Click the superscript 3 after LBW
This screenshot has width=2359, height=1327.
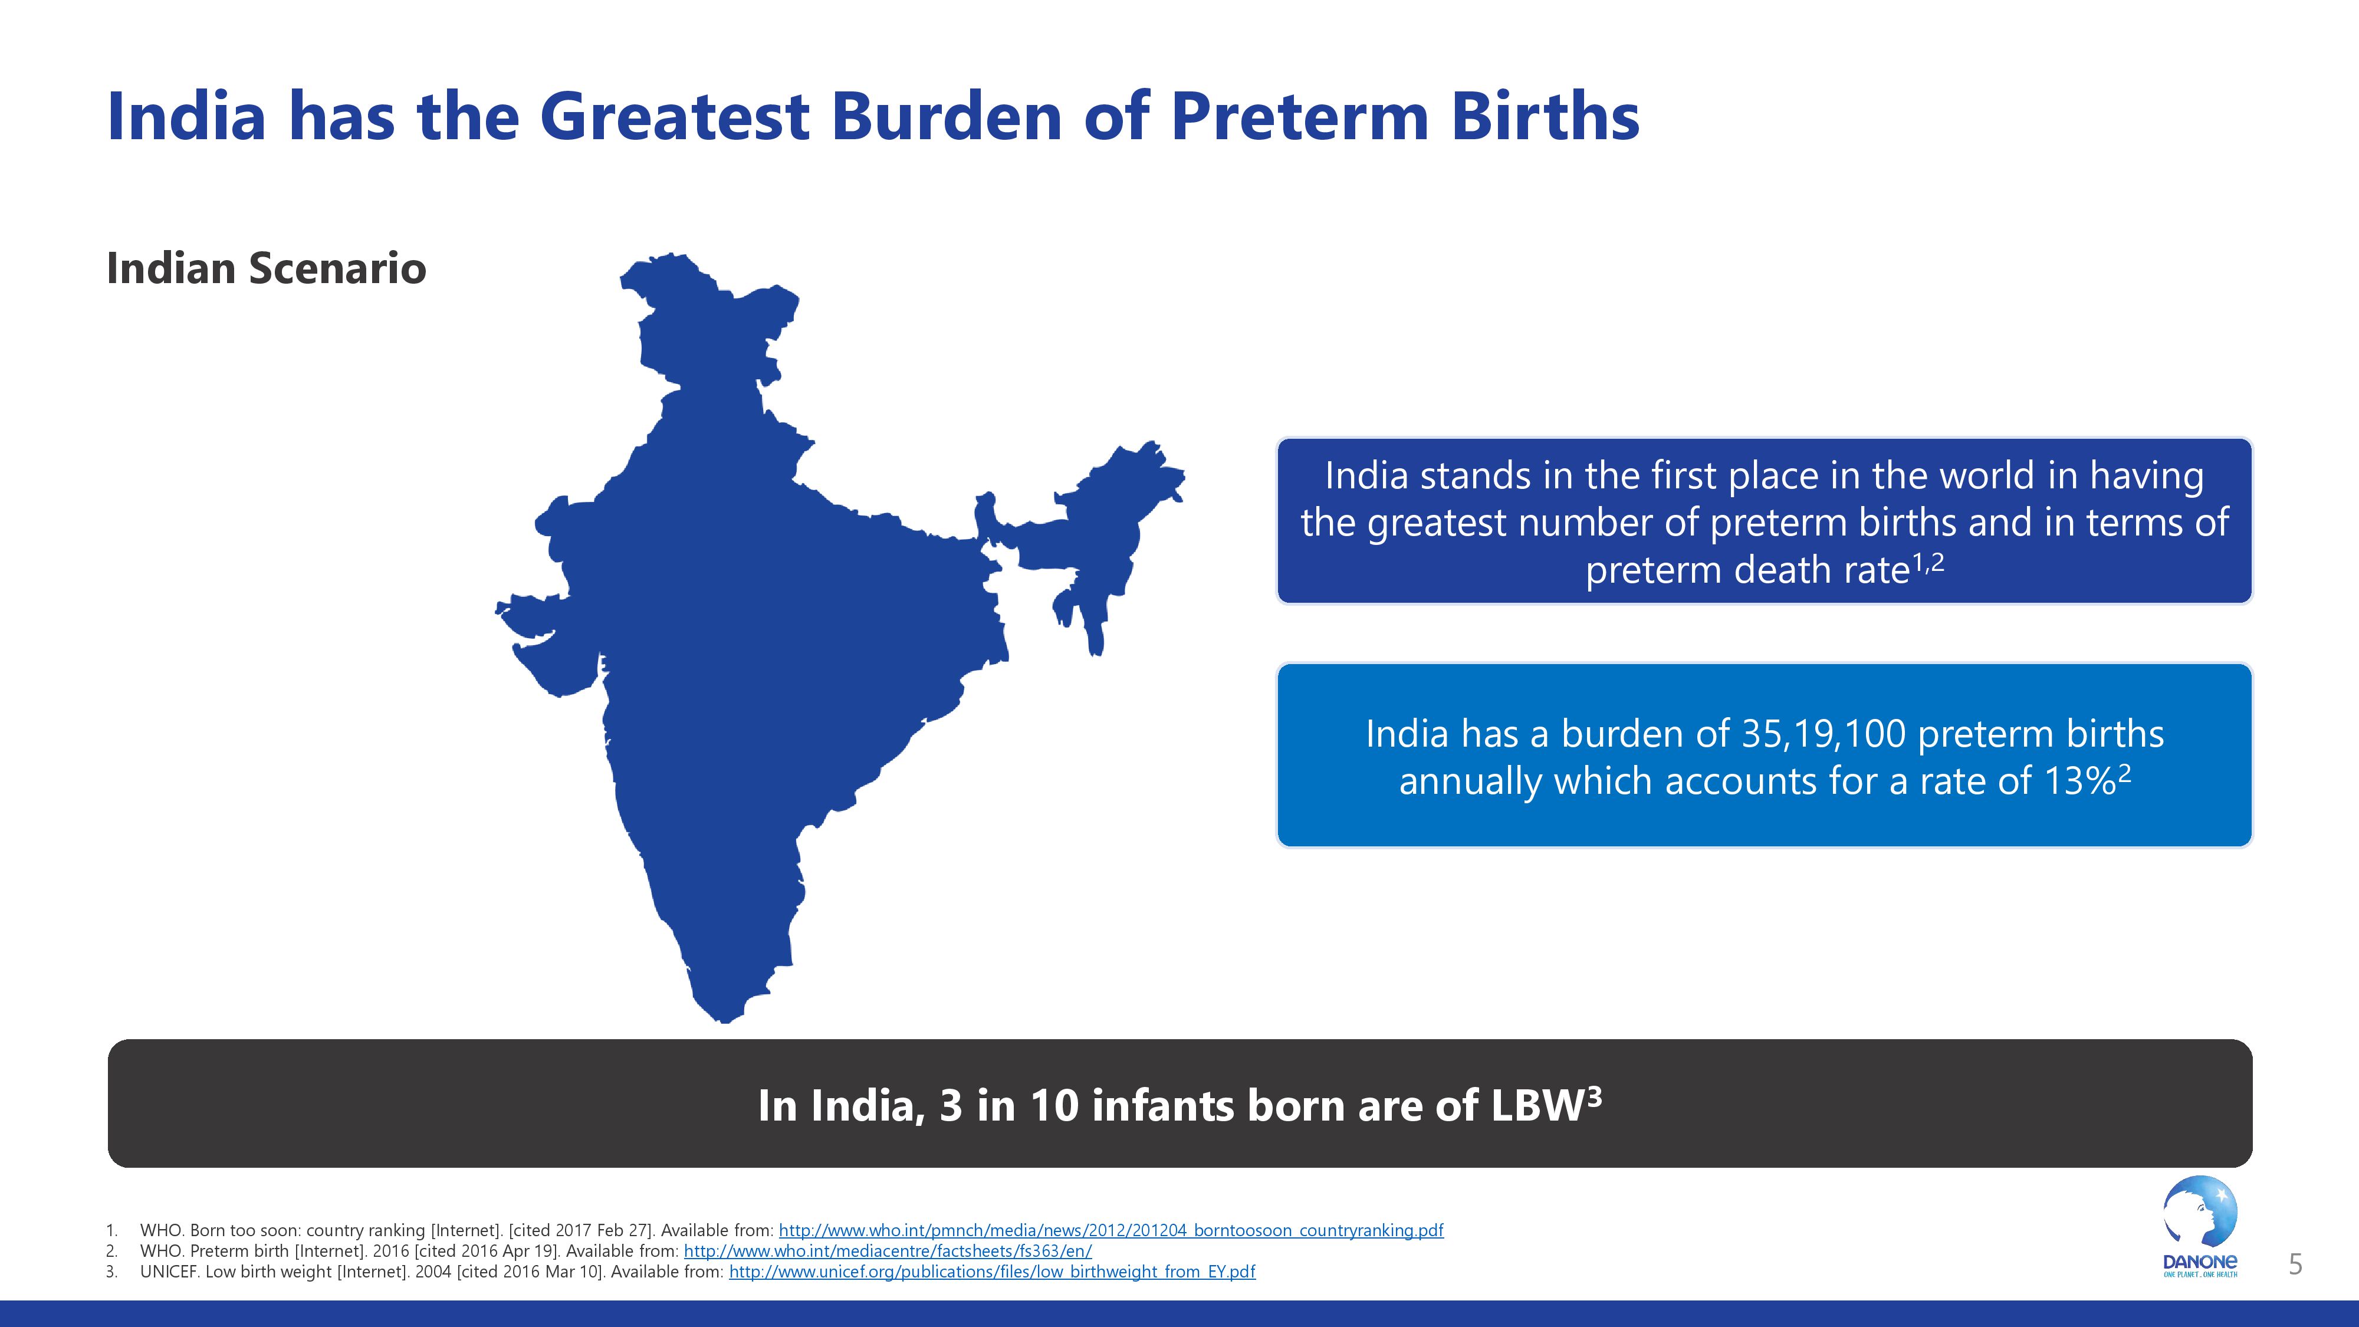1594,1096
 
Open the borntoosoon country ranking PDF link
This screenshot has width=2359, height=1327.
1111,1230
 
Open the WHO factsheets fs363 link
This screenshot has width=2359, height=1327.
888,1251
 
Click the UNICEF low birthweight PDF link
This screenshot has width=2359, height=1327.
992,1272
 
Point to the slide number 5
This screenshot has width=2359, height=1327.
2295,1264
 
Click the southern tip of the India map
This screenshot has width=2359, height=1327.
724,1021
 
